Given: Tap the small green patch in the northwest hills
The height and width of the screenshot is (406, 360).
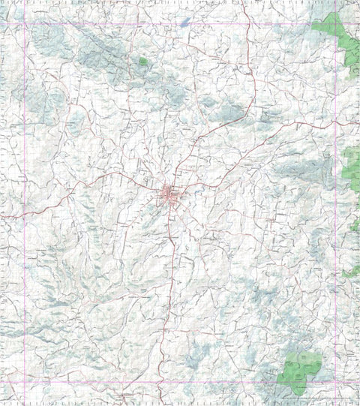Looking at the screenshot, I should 143,61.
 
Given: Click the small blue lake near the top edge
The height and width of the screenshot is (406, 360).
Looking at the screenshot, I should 183,23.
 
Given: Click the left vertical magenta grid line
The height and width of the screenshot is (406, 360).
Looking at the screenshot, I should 25,225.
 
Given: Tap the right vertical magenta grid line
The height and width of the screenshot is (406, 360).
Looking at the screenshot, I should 336,225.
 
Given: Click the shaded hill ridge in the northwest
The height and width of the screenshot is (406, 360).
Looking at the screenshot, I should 97,49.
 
